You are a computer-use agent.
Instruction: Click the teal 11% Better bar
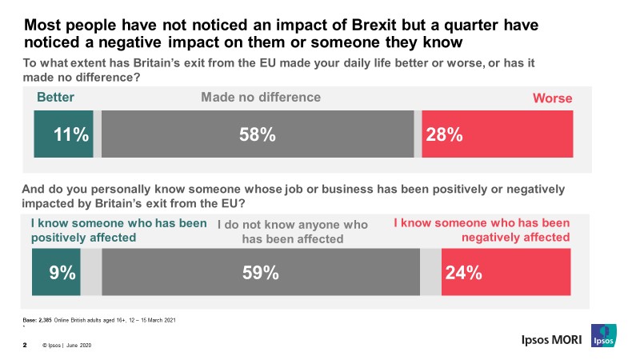point(63,135)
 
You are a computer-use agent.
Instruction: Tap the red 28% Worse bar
point(497,135)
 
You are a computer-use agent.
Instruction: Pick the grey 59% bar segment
point(261,273)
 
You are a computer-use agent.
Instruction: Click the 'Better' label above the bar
point(56,98)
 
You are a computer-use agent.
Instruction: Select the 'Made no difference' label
point(261,98)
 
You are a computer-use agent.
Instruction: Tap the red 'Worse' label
point(553,98)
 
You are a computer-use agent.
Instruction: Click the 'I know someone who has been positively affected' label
point(118,230)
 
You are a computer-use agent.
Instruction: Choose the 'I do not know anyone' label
point(292,232)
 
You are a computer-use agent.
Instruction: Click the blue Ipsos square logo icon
point(602,337)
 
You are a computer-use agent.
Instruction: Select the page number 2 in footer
point(25,346)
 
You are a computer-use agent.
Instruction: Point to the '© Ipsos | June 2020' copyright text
point(70,346)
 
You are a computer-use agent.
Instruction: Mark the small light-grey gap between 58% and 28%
point(418,135)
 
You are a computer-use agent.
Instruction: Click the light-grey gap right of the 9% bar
point(91,273)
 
